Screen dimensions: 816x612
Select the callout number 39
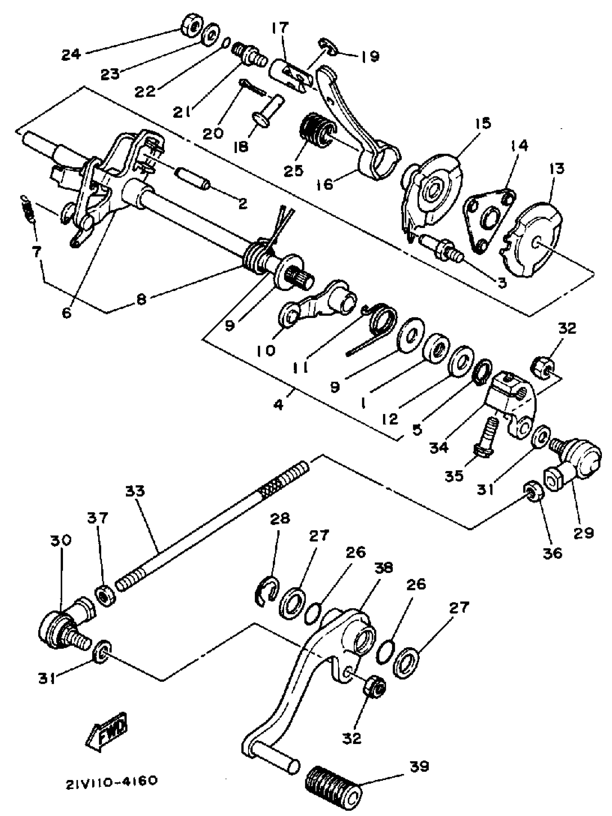(x=419, y=767)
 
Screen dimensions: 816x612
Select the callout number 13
(x=556, y=168)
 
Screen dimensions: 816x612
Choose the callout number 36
(x=552, y=553)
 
